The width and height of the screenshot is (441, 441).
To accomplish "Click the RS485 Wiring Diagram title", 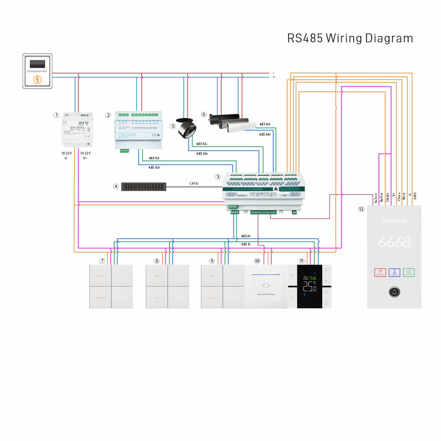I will coord(350,38).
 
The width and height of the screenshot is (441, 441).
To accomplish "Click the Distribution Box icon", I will coord(37,71).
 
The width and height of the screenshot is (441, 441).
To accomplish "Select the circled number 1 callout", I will coord(56,115).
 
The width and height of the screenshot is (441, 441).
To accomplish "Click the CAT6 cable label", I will coord(194,184).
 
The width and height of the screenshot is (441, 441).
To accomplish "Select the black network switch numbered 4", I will coord(144,187).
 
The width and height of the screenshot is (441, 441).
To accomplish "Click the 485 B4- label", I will coord(265,124).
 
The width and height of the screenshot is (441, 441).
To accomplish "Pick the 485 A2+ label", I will coord(154,167).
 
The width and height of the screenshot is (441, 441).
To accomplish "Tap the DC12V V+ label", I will coord(85,156).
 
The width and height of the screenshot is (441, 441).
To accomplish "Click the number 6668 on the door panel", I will coord(394,242).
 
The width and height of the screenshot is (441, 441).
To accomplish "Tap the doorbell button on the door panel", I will coord(394,292).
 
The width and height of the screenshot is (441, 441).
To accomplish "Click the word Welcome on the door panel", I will coord(394,221).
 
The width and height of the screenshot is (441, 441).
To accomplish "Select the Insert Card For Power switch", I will coord(266,286).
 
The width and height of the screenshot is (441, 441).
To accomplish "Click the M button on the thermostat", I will coord(292,276).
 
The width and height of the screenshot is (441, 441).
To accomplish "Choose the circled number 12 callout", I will coord(361,209).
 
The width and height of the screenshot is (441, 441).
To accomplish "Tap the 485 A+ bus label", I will coord(246,236).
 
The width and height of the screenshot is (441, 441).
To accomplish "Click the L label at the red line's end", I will coord(274,73).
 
